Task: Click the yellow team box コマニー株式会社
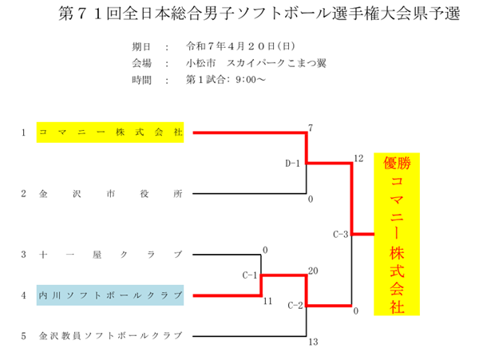[110, 133]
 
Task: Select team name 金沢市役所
[111, 194]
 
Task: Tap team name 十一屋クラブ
[111, 255]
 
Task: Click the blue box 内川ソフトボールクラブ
[110, 295]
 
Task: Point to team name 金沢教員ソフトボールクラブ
[111, 336]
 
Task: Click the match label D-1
[292, 164]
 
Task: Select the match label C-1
[250, 275]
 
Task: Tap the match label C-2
[295, 306]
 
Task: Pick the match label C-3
[341, 234]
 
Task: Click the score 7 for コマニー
[311, 128]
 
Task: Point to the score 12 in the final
[358, 158]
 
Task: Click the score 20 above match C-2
[313, 271]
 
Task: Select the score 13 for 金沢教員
[313, 342]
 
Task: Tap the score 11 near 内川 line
[267, 301]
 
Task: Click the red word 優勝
[397, 163]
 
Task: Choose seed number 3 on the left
[23, 255]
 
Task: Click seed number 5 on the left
[23, 336]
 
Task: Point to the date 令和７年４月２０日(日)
[240, 46]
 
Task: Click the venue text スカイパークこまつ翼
[276, 63]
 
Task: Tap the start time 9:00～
[251, 80]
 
